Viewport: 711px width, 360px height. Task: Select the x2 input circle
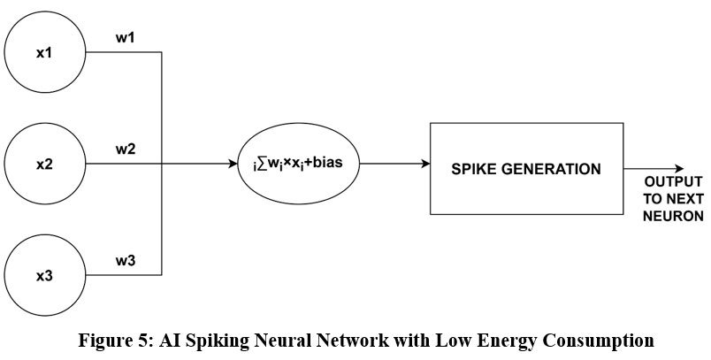[x=44, y=165]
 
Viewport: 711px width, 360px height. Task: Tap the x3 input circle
[x=44, y=276]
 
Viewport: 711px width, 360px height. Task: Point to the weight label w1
[x=125, y=39]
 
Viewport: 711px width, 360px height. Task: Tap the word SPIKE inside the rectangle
[x=475, y=168]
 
